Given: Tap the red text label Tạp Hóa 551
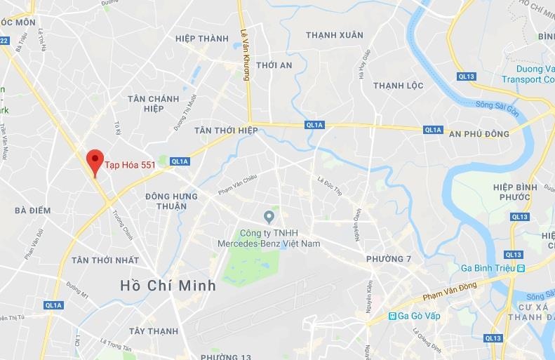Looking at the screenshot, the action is click(130, 166).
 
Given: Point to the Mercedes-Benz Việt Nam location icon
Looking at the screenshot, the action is click(268, 215).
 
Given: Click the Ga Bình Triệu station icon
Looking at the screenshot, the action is click(521, 268).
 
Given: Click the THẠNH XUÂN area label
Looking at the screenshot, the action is click(335, 34).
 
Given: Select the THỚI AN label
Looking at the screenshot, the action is click(274, 65).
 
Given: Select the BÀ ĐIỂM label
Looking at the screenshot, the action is click(32, 210).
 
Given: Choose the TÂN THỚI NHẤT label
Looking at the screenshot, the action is click(104, 260).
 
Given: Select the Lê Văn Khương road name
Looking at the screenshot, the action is click(245, 55).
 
